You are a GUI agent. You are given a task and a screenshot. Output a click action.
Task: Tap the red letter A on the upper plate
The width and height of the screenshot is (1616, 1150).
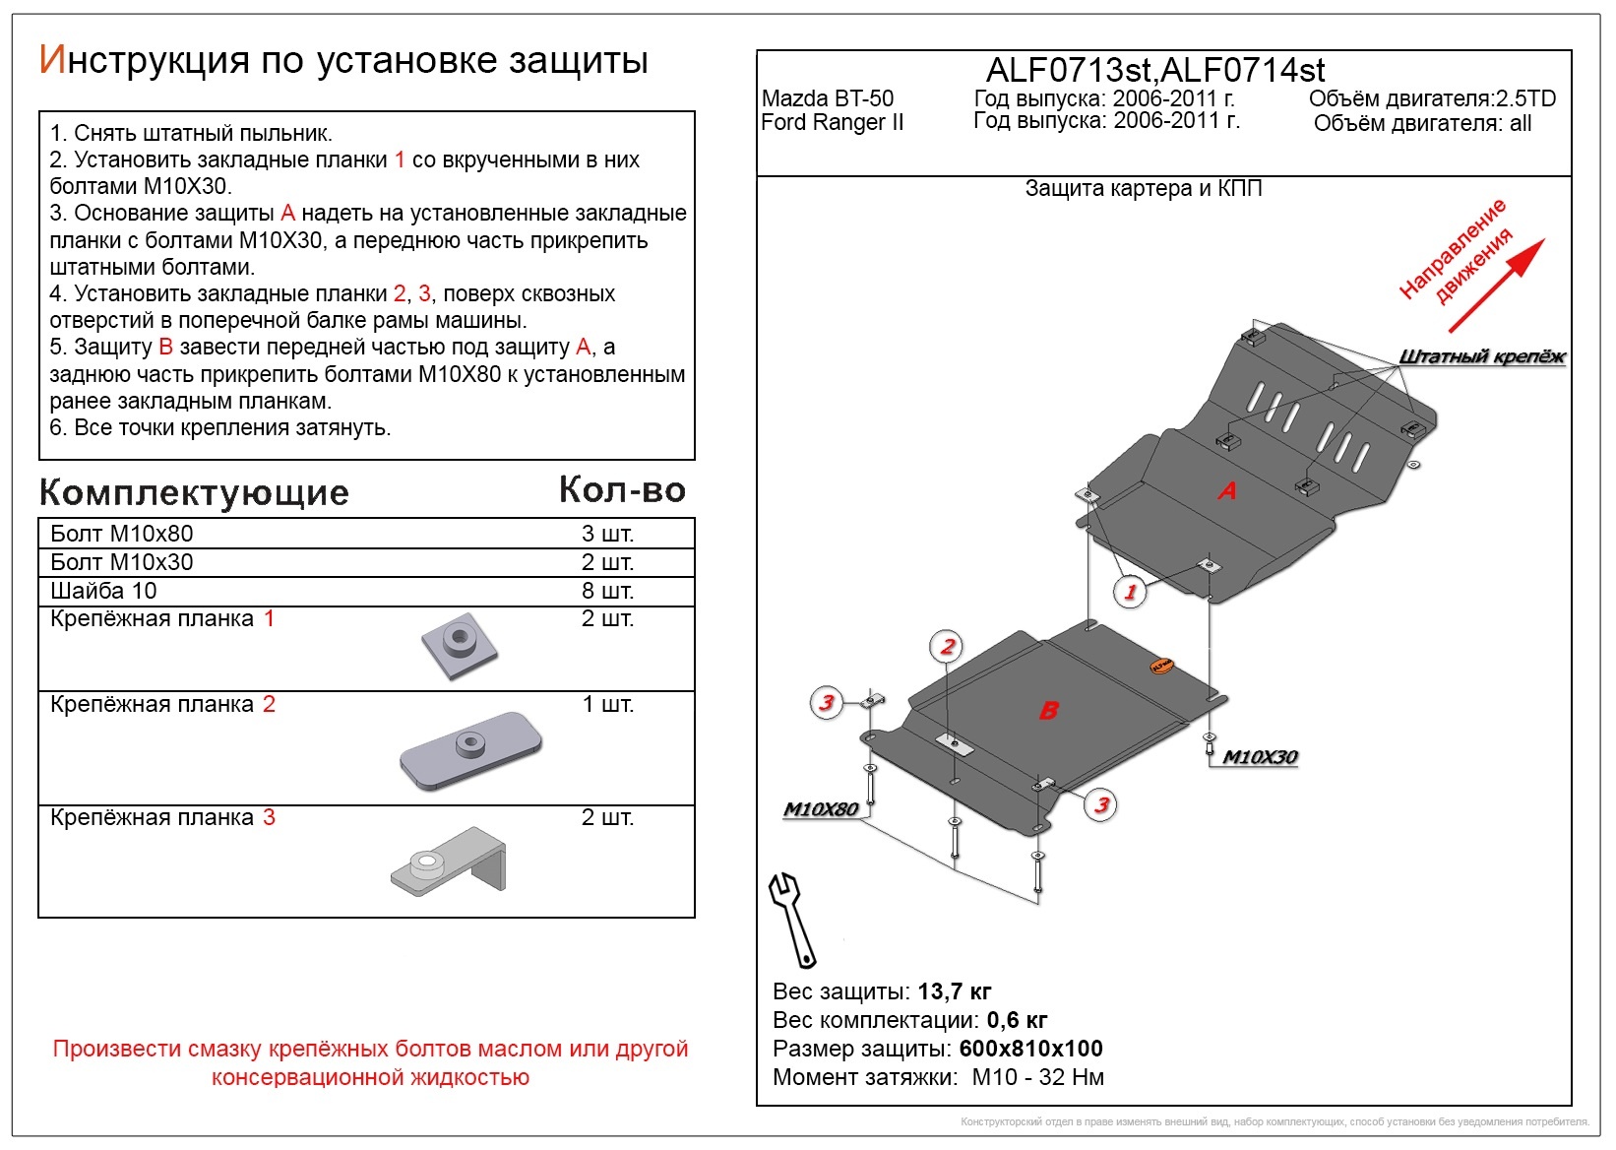[1226, 490]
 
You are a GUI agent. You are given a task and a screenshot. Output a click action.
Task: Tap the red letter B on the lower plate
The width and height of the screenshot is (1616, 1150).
[1049, 710]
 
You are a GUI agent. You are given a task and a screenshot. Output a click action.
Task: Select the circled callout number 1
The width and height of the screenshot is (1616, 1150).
[1130, 592]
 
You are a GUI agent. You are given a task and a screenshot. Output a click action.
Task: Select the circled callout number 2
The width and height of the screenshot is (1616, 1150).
[947, 647]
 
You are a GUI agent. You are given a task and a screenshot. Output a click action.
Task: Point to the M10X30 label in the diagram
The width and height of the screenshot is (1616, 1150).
[1260, 757]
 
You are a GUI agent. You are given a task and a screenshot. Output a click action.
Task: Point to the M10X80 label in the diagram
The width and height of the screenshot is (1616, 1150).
[821, 809]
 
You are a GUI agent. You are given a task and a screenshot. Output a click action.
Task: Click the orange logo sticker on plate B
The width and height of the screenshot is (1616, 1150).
[1160, 667]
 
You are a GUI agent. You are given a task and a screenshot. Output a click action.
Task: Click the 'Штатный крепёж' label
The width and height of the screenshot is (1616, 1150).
[1481, 356]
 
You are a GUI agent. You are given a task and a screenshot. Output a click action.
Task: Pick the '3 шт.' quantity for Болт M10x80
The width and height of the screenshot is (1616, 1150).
[607, 534]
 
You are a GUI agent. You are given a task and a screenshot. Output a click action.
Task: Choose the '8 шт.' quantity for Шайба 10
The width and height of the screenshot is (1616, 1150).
[607, 591]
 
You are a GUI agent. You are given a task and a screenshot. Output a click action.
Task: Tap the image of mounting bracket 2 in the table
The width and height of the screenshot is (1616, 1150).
[470, 750]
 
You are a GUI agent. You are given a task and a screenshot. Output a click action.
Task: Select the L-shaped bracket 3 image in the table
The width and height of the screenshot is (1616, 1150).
[449, 862]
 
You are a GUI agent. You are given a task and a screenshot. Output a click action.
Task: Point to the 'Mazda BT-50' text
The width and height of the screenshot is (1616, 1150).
[828, 98]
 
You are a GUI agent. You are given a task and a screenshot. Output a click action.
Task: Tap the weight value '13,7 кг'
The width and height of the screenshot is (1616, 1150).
[954, 991]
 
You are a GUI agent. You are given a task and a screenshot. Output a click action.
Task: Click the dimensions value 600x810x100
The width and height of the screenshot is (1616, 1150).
[1030, 1049]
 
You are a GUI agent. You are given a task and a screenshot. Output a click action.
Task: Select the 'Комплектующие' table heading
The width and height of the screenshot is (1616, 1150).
[194, 492]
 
